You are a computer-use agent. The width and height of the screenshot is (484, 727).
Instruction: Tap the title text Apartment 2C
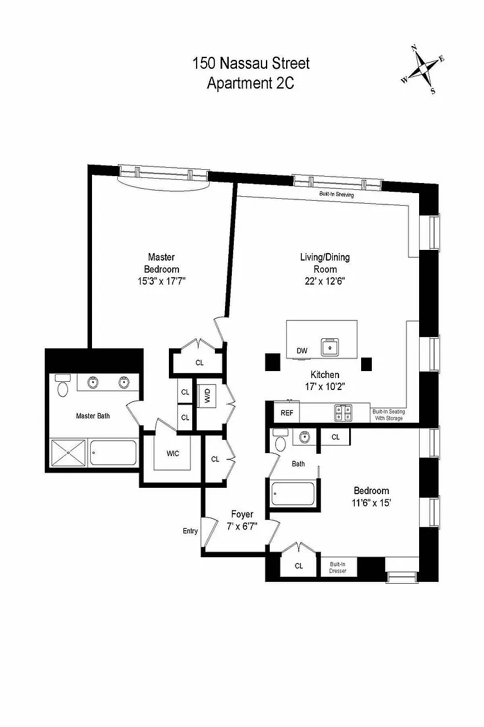(251, 83)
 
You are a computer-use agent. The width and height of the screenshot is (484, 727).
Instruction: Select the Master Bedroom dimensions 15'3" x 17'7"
(161, 281)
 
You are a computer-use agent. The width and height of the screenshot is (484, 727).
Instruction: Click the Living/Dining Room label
(325, 263)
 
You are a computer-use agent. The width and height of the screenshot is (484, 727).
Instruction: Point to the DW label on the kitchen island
(302, 351)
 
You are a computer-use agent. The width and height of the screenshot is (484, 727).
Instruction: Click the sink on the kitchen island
(331, 347)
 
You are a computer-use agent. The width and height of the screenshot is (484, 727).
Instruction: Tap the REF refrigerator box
(287, 413)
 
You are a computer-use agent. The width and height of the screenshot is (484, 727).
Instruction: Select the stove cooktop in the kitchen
(343, 413)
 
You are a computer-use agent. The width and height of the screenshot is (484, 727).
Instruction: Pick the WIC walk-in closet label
(173, 454)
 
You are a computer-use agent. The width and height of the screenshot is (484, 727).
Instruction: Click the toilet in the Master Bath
(62, 386)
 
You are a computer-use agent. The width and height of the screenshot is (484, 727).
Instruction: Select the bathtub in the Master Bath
(113, 452)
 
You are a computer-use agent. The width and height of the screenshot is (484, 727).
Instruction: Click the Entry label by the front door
(190, 531)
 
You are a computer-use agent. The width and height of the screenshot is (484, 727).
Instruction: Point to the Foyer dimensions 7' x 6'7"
(242, 527)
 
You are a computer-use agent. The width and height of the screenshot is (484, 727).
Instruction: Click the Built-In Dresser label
(338, 567)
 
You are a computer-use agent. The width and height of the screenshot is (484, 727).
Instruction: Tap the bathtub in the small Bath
(292, 494)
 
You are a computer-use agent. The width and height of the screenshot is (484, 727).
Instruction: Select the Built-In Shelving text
(337, 194)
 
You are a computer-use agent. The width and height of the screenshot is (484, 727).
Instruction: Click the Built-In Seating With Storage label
(389, 415)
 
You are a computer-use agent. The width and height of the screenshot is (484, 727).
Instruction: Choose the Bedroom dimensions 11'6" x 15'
(371, 502)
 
